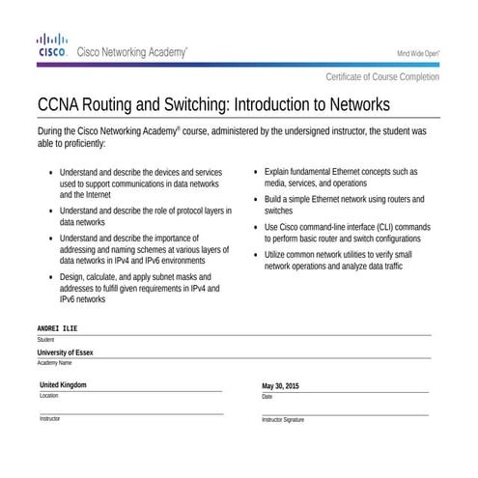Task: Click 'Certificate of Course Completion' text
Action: click(x=382, y=77)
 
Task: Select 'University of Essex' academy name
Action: click(x=66, y=352)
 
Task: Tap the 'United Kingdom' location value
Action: click(x=63, y=385)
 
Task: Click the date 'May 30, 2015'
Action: click(x=281, y=386)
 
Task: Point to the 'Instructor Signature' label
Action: click(x=283, y=420)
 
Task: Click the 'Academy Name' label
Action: click(x=54, y=363)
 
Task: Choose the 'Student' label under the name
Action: click(x=45, y=340)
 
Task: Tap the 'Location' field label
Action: click(x=48, y=396)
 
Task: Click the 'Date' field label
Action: click(x=267, y=397)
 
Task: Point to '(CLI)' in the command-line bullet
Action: click(x=383, y=227)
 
